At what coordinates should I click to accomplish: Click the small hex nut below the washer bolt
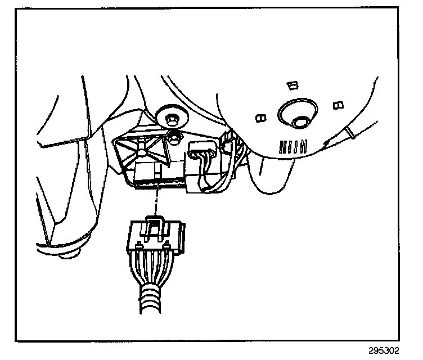[x=174, y=136]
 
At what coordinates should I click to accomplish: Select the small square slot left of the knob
[x=260, y=118]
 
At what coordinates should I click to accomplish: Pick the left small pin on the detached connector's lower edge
[x=137, y=244]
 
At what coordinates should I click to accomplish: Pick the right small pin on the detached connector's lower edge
[x=167, y=244]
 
